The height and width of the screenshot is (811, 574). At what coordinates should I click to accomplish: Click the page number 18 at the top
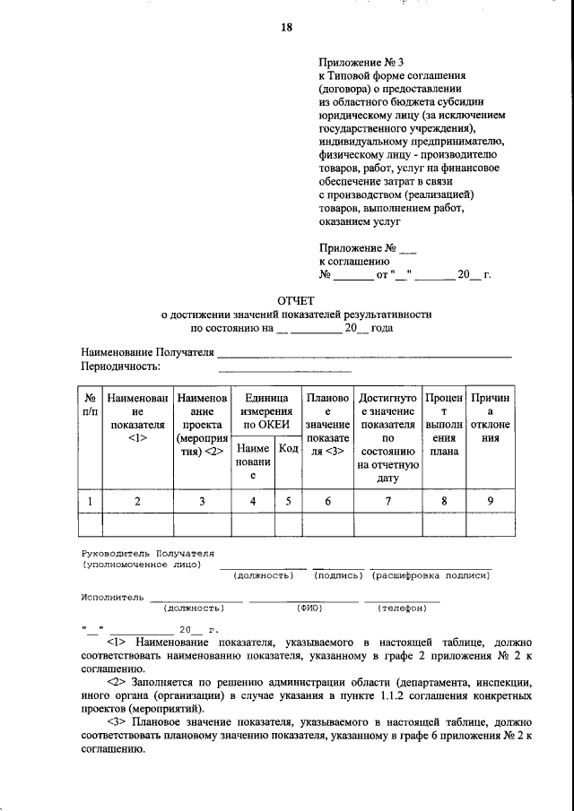coord(287,27)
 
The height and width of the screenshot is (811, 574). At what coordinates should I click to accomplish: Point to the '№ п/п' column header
coord(90,402)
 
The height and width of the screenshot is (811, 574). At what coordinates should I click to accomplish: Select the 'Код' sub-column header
coord(288,449)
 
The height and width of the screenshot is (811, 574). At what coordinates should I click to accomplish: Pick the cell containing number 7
coord(387,501)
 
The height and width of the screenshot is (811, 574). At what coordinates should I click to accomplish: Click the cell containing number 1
coord(90,501)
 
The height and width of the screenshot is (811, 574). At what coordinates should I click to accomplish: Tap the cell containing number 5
coord(288,501)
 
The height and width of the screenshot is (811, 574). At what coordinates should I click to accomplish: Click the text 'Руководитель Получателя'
coord(148,555)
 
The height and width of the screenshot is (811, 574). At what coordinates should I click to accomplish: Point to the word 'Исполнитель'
coord(111,595)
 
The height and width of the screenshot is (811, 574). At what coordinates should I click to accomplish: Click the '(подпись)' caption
coord(338,575)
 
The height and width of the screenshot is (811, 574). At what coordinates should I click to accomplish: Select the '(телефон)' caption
coord(402,608)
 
